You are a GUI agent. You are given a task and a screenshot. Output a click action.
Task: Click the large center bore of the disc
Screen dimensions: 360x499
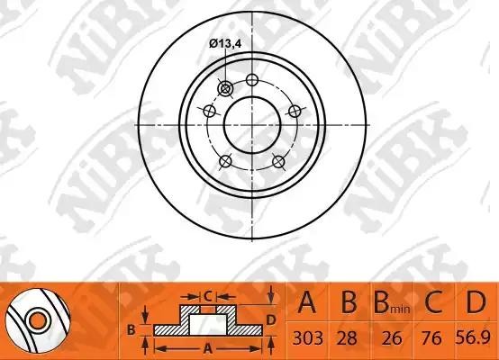tap(250, 124)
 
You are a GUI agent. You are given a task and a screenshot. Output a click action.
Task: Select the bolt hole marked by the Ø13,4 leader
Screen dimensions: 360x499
tap(225, 87)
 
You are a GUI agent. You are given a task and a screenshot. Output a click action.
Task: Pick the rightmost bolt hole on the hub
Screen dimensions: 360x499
tap(293, 111)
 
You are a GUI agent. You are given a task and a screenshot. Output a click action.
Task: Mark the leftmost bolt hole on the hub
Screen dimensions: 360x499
tap(210, 112)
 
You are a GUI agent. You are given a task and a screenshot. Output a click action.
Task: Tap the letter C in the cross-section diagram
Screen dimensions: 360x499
tap(206, 294)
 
